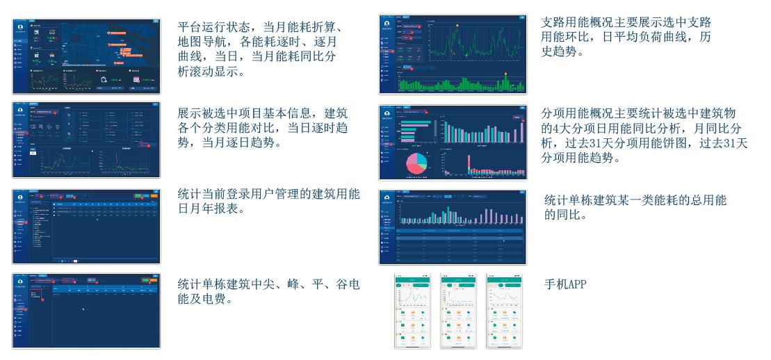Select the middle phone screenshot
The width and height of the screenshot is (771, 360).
[456, 311]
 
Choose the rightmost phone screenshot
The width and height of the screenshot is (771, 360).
[503, 311]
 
